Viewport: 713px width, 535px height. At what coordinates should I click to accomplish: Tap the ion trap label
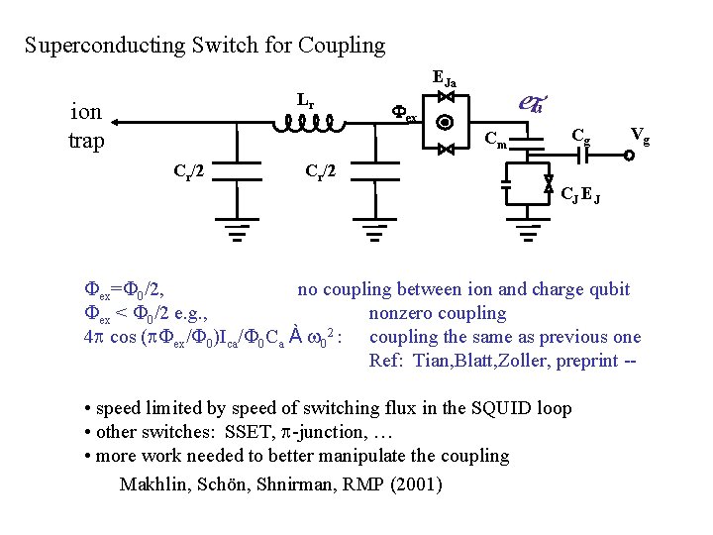point(86,126)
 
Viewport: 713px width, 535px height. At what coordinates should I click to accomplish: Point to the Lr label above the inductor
point(306,100)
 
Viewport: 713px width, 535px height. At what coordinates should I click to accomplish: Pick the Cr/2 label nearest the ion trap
point(190,170)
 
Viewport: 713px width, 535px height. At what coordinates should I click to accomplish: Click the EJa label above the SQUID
point(446,76)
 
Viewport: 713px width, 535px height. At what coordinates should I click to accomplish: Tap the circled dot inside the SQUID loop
point(445,124)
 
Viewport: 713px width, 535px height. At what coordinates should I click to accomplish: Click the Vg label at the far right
point(641,136)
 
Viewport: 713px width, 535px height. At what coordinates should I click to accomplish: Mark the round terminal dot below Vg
point(629,155)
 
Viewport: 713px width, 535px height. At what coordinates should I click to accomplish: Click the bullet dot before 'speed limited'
point(88,409)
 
